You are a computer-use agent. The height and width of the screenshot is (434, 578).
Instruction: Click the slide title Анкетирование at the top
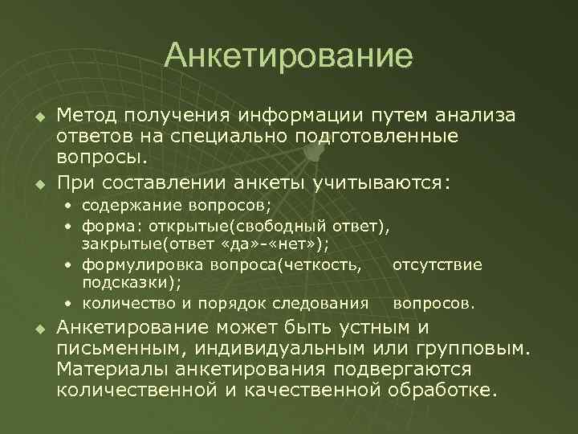[288, 57]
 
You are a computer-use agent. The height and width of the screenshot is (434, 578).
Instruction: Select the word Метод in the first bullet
[91, 115]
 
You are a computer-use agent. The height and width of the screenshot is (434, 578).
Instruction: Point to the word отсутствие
[438, 264]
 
